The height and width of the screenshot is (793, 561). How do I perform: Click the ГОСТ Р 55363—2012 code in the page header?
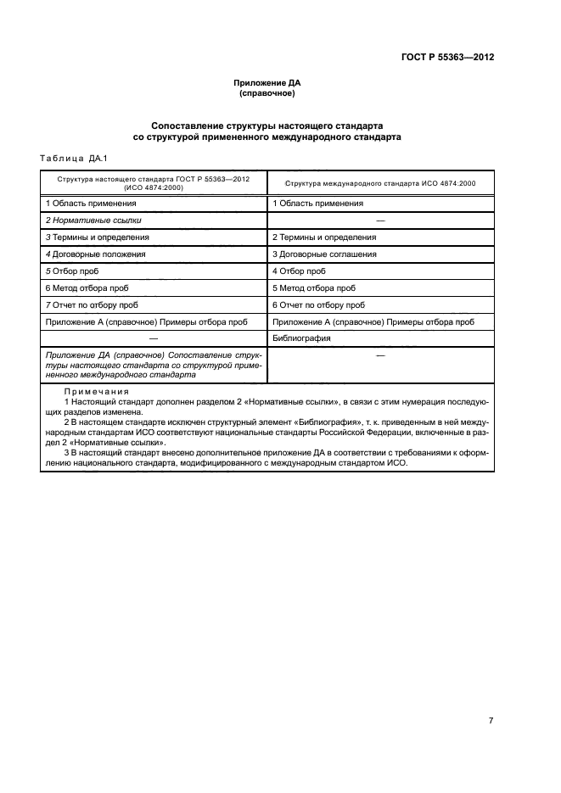[x=447, y=59]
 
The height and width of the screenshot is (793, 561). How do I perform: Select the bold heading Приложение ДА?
[x=267, y=83]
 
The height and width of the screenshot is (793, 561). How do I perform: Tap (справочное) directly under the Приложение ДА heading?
[x=267, y=93]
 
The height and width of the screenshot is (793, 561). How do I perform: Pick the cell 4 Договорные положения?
[x=95, y=254]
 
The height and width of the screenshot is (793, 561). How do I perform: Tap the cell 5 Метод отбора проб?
[x=313, y=288]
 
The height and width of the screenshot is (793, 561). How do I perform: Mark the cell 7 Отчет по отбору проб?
[x=92, y=305]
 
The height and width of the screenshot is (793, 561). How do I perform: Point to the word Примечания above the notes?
[x=96, y=393]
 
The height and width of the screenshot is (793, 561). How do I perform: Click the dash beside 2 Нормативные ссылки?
[x=380, y=221]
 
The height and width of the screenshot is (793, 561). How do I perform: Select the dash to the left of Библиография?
[x=154, y=338]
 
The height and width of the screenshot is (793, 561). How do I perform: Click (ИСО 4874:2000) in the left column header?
[x=154, y=189]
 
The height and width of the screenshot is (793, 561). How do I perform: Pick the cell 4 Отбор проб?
[x=299, y=271]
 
